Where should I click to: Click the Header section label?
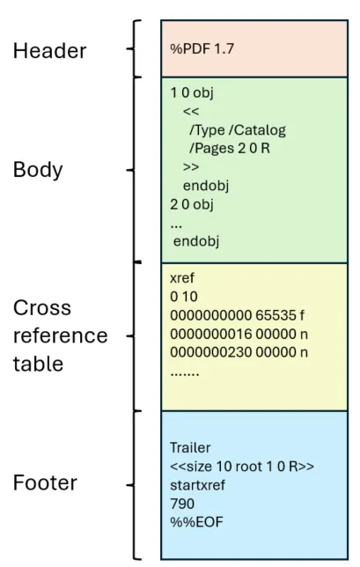click(49, 51)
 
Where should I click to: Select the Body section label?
click(38, 170)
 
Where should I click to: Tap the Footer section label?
click(45, 483)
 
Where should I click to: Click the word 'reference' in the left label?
click(60, 336)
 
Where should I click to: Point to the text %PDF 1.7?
click(197, 48)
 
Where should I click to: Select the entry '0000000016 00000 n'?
click(237, 335)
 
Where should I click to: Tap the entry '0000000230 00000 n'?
click(237, 354)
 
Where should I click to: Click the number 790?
click(180, 503)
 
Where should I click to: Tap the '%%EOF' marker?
click(189, 522)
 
